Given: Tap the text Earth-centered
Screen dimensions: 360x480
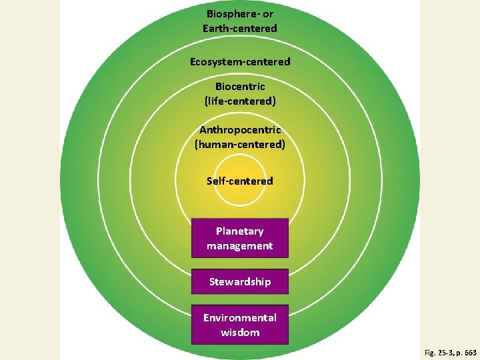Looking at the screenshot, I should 240,28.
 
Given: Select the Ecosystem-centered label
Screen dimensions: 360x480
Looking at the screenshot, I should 240,61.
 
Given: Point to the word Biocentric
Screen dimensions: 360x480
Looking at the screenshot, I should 240,87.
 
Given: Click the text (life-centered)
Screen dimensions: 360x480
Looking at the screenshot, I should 240,101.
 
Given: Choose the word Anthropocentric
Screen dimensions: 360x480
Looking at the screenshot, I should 240,129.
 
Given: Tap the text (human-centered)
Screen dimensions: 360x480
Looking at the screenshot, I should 240,144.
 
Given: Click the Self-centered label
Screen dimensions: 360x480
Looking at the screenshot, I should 240,181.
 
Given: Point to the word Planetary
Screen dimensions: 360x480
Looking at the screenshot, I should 240,231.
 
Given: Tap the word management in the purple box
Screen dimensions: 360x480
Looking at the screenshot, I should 240,246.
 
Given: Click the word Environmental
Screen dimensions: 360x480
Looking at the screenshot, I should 240,317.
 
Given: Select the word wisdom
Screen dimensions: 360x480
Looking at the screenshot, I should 240,332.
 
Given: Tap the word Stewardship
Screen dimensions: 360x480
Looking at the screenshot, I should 240,281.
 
